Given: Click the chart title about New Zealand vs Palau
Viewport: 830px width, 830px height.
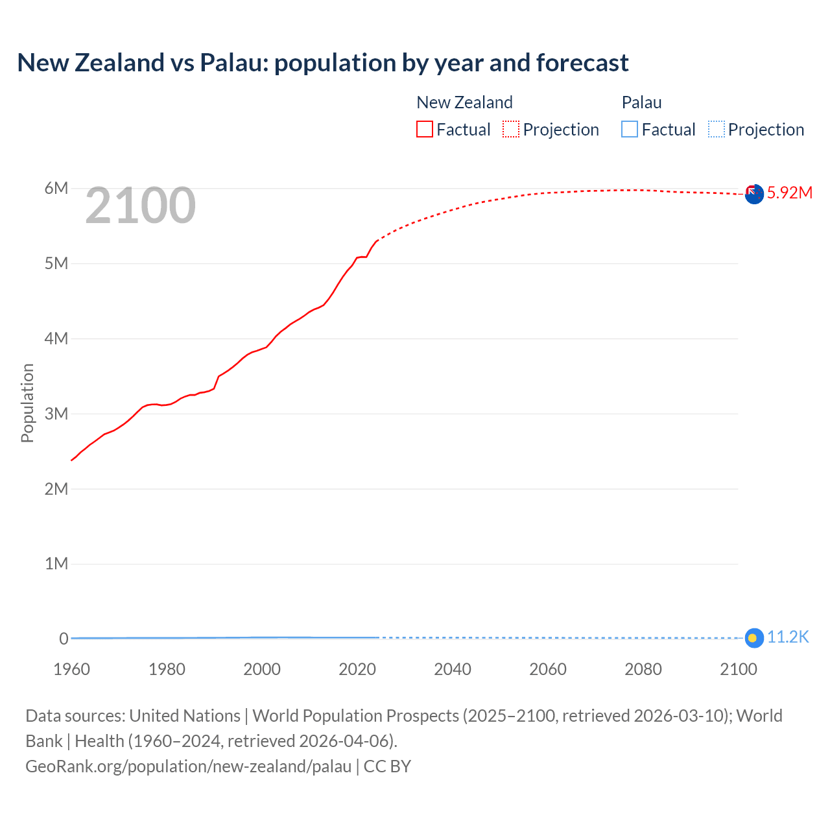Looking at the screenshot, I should (x=323, y=63).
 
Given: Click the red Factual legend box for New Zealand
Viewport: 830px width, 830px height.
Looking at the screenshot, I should (x=424, y=129).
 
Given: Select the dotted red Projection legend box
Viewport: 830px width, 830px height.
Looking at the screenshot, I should (x=511, y=129).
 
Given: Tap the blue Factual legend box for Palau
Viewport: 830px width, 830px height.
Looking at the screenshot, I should (x=630, y=129).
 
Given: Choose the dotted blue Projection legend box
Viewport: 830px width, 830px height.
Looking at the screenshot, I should (x=717, y=129).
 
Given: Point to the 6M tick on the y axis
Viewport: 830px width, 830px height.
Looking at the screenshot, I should (x=56, y=188).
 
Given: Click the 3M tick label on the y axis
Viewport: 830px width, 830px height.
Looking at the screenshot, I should (x=56, y=414).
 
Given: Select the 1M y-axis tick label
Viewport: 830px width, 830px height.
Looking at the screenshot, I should (x=56, y=563).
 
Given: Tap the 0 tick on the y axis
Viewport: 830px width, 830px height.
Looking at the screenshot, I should (x=64, y=639).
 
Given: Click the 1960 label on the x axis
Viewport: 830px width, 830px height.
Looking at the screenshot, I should (x=71, y=669).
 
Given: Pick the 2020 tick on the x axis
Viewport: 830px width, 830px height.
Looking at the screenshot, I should (x=357, y=669).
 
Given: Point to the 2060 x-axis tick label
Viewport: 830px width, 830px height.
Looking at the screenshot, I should (x=548, y=669).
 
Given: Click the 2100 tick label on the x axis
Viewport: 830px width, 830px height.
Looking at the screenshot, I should (x=739, y=669).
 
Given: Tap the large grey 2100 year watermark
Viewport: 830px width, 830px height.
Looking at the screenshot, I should (x=140, y=206).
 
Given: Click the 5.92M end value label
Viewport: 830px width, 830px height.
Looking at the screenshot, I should (x=789, y=193).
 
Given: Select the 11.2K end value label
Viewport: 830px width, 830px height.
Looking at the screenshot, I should (x=788, y=637).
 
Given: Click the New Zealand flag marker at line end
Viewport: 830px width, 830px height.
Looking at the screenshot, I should (x=753, y=193).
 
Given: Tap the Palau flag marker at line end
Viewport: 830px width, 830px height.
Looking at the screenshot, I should (x=753, y=638).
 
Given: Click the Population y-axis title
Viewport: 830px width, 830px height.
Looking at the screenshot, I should (x=27, y=403).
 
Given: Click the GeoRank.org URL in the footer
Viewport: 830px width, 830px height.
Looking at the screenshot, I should (x=189, y=766).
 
